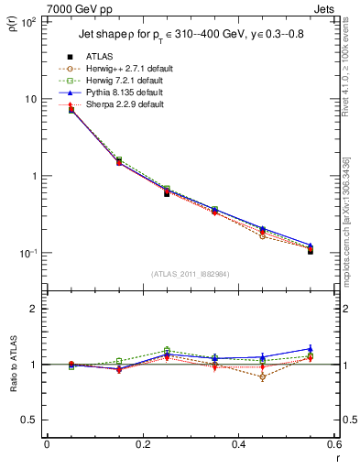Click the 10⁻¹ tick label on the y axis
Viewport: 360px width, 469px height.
(x=29, y=254)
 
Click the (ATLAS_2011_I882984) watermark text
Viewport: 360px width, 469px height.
(x=190, y=274)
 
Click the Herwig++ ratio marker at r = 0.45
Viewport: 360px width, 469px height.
(x=262, y=376)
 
